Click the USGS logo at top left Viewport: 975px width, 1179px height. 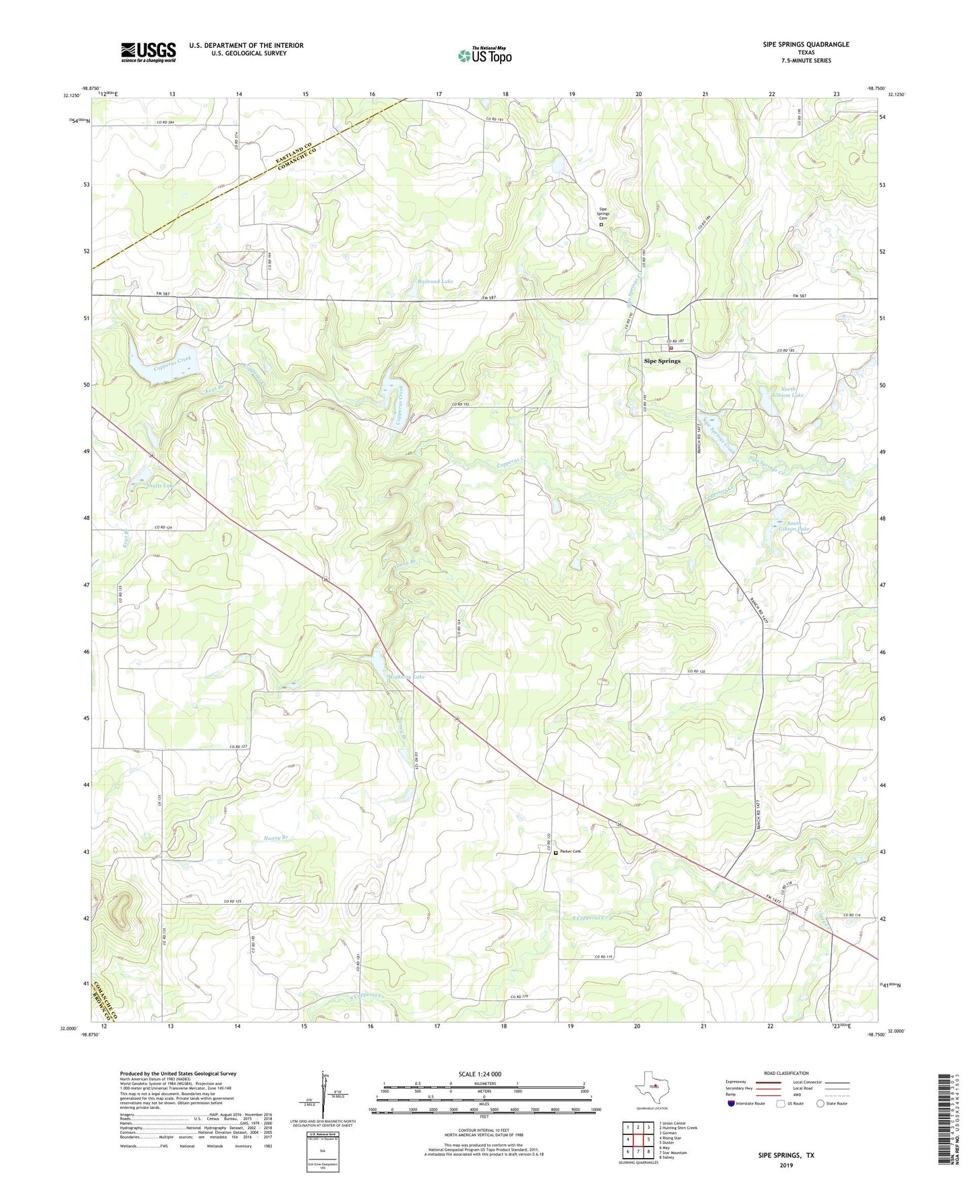(148, 52)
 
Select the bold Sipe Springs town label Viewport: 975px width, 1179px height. (662, 361)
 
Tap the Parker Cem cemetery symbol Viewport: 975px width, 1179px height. (556, 853)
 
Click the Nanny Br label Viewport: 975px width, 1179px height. (275, 838)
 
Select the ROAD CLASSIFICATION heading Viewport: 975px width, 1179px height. (786, 1073)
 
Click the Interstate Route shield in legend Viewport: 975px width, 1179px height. (731, 1103)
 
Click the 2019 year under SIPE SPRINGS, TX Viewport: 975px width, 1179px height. (786, 1165)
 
